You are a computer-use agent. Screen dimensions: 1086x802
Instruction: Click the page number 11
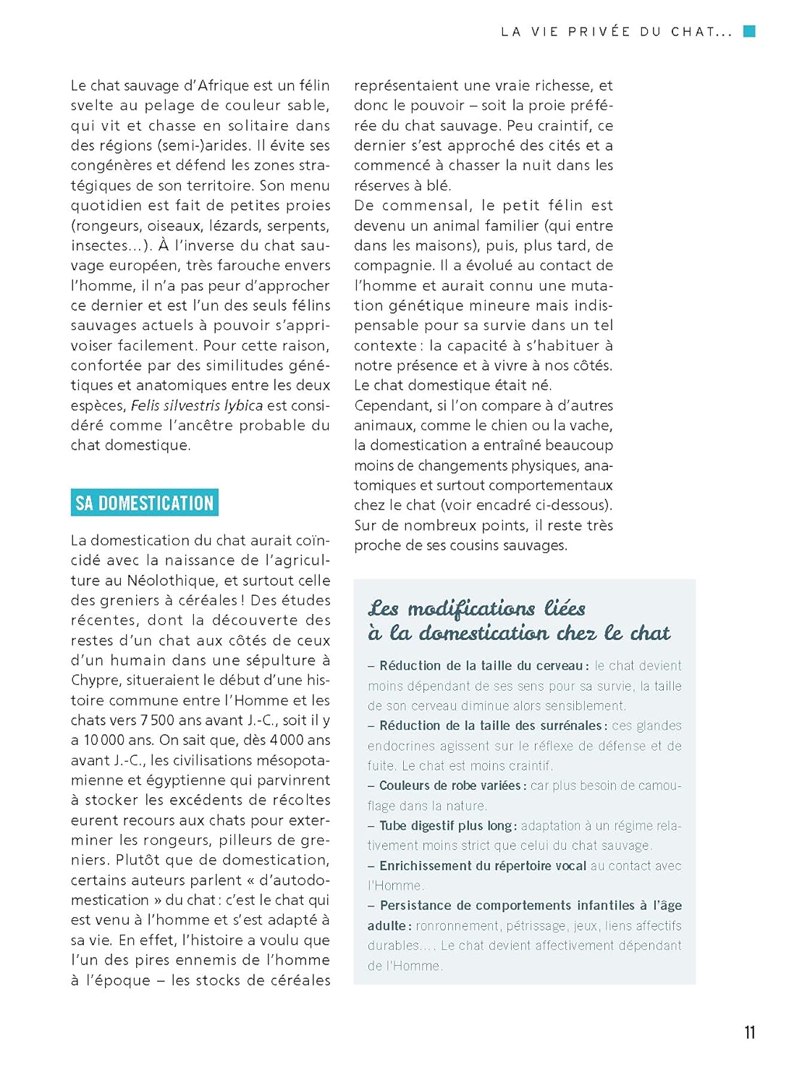(x=749, y=1032)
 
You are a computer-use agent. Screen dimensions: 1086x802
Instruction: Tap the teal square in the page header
(x=750, y=31)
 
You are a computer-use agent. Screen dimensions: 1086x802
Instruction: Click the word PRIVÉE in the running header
(x=599, y=32)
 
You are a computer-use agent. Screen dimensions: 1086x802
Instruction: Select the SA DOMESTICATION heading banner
(x=145, y=503)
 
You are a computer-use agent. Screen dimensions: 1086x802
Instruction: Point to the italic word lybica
(x=243, y=405)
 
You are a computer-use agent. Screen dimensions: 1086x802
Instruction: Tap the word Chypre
(x=96, y=681)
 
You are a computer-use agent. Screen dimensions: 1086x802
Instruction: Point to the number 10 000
(x=104, y=740)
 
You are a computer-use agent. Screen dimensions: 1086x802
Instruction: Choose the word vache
(x=591, y=426)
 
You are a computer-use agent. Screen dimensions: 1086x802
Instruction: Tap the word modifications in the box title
(x=471, y=609)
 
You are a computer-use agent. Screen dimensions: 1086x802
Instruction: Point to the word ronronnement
(x=457, y=926)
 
